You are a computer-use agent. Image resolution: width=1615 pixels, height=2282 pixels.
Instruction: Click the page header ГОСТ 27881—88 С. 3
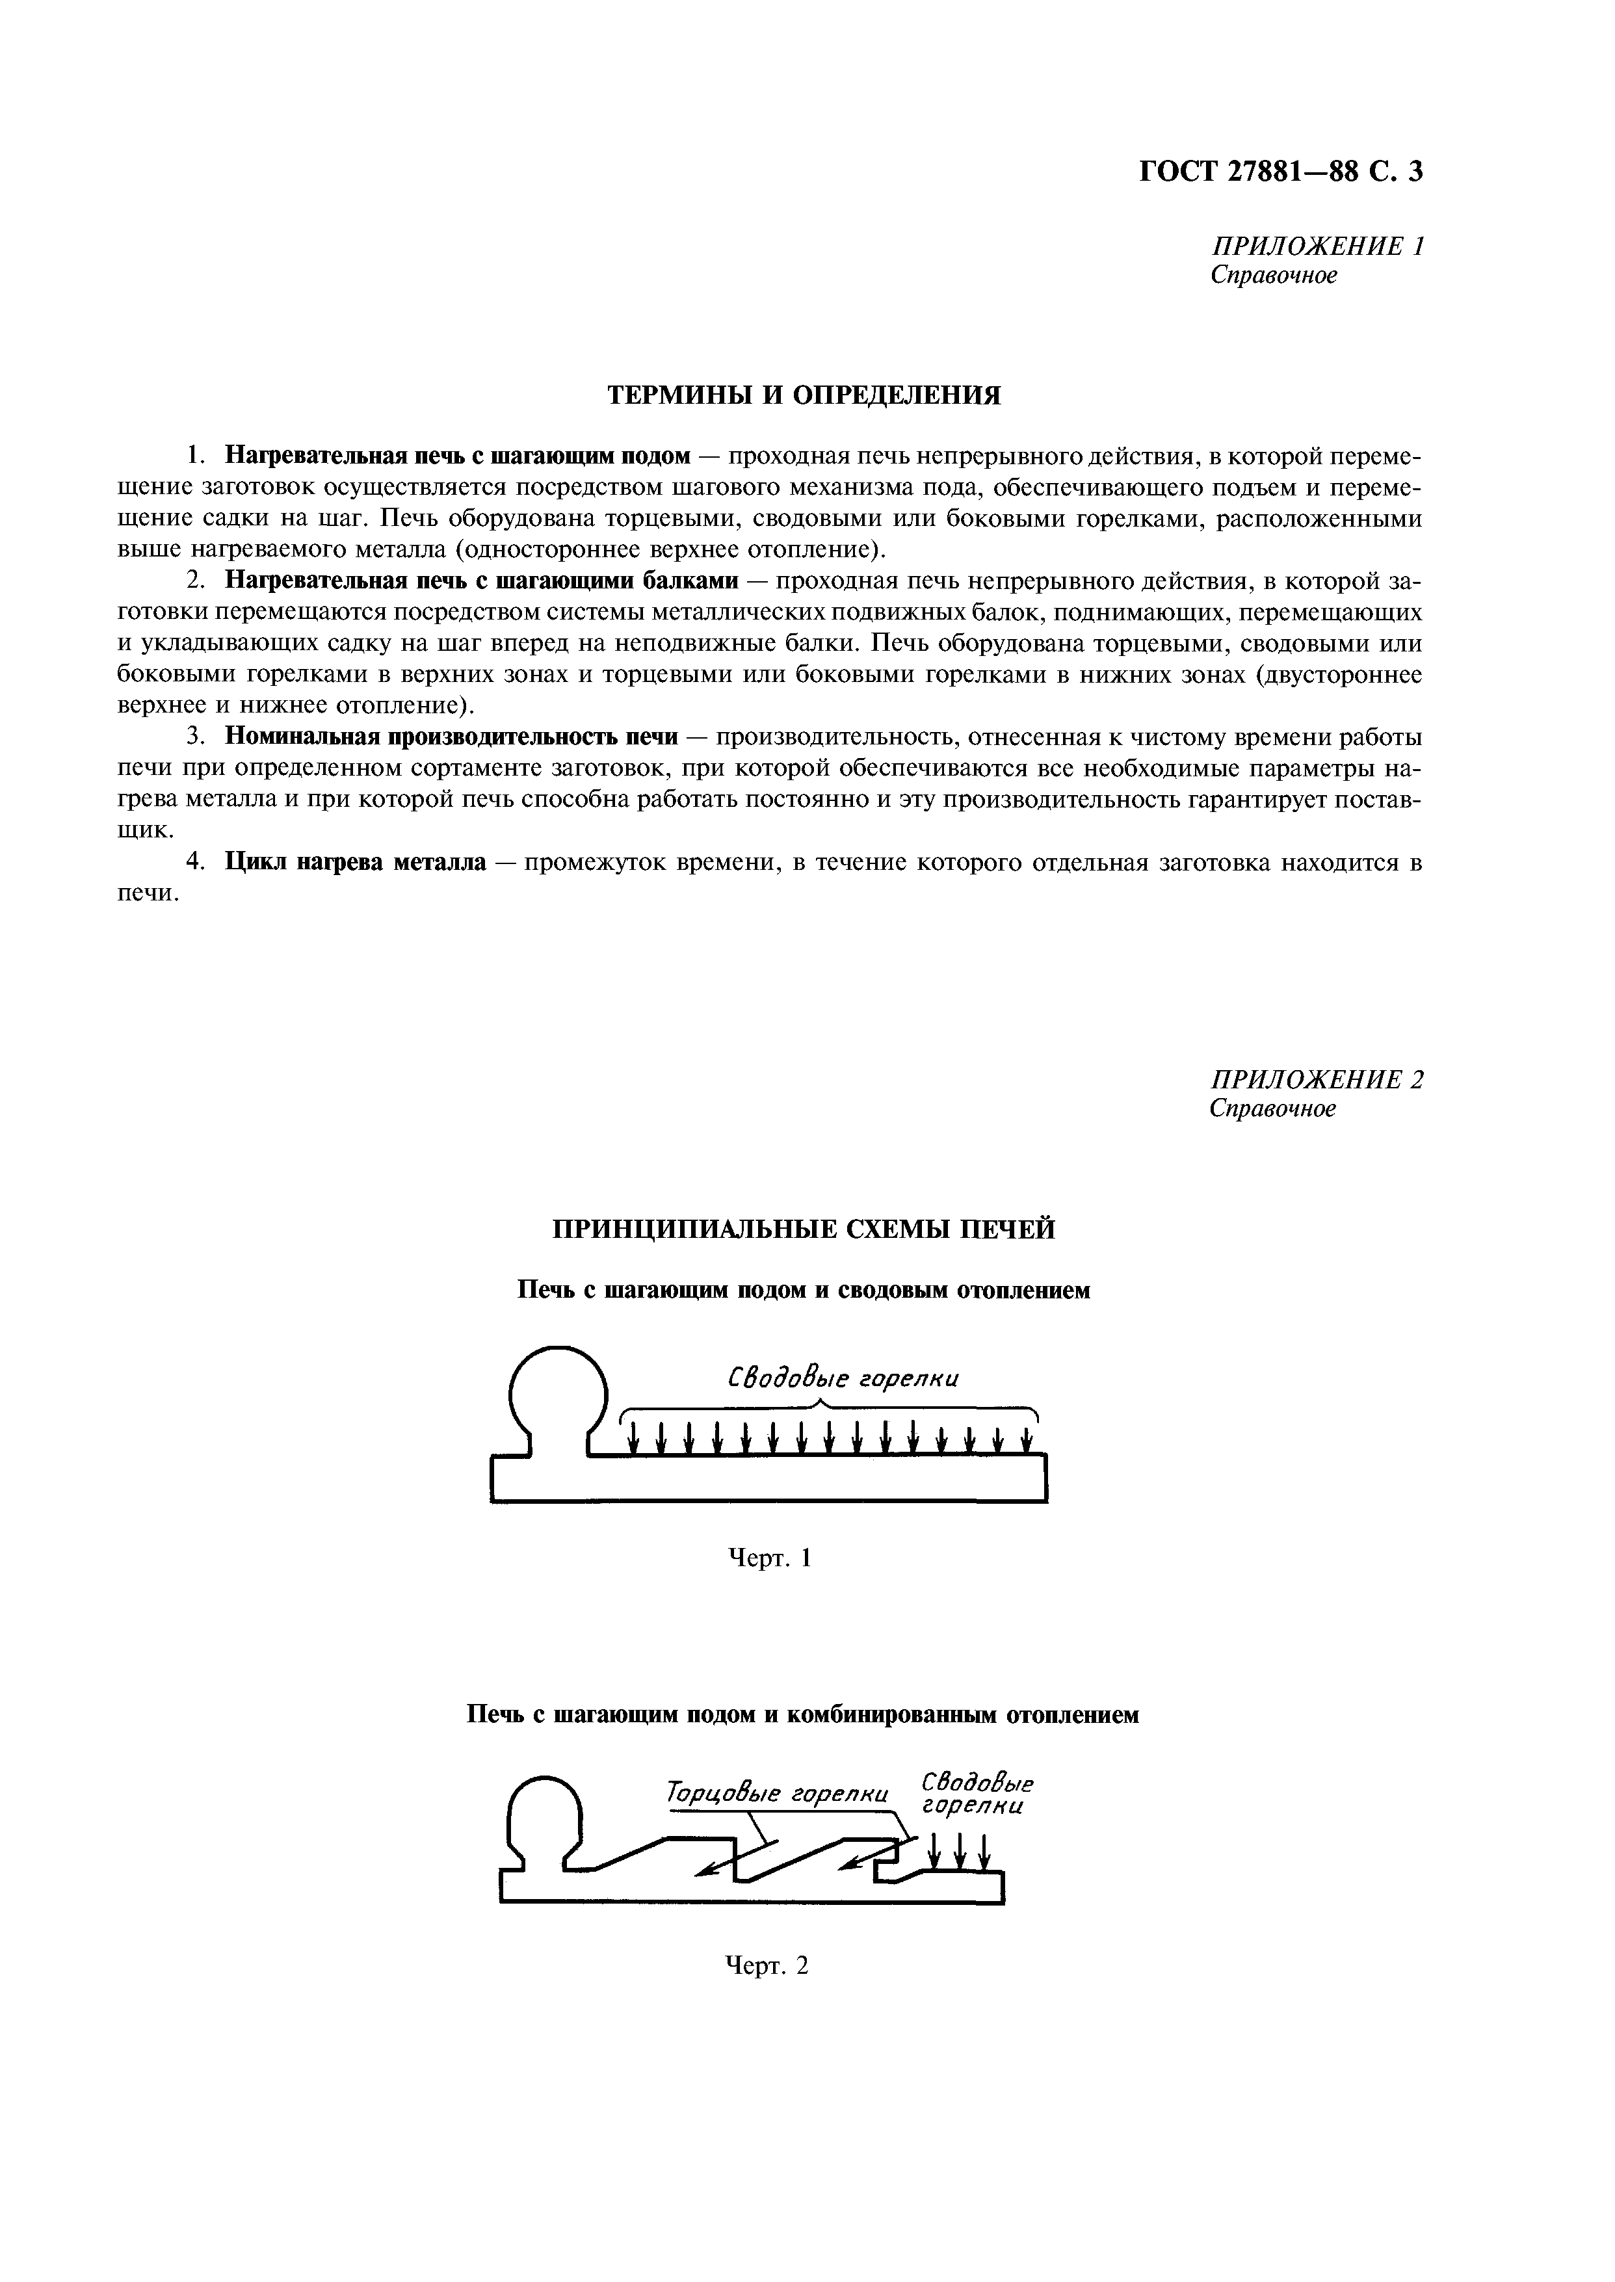[1280, 172]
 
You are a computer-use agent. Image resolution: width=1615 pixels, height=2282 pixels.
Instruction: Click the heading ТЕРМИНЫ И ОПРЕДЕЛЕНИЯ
[804, 396]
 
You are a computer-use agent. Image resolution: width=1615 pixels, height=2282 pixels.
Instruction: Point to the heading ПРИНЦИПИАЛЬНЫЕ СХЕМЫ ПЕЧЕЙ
[804, 1229]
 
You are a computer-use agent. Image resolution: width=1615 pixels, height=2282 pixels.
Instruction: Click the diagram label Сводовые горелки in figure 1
[843, 1378]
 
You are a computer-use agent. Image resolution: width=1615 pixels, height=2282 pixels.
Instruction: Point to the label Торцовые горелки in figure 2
[777, 1794]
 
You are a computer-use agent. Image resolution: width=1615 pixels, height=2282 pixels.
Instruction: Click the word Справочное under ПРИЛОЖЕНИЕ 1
[1273, 276]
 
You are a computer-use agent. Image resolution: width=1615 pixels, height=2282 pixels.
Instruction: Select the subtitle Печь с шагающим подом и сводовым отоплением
[804, 1290]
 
